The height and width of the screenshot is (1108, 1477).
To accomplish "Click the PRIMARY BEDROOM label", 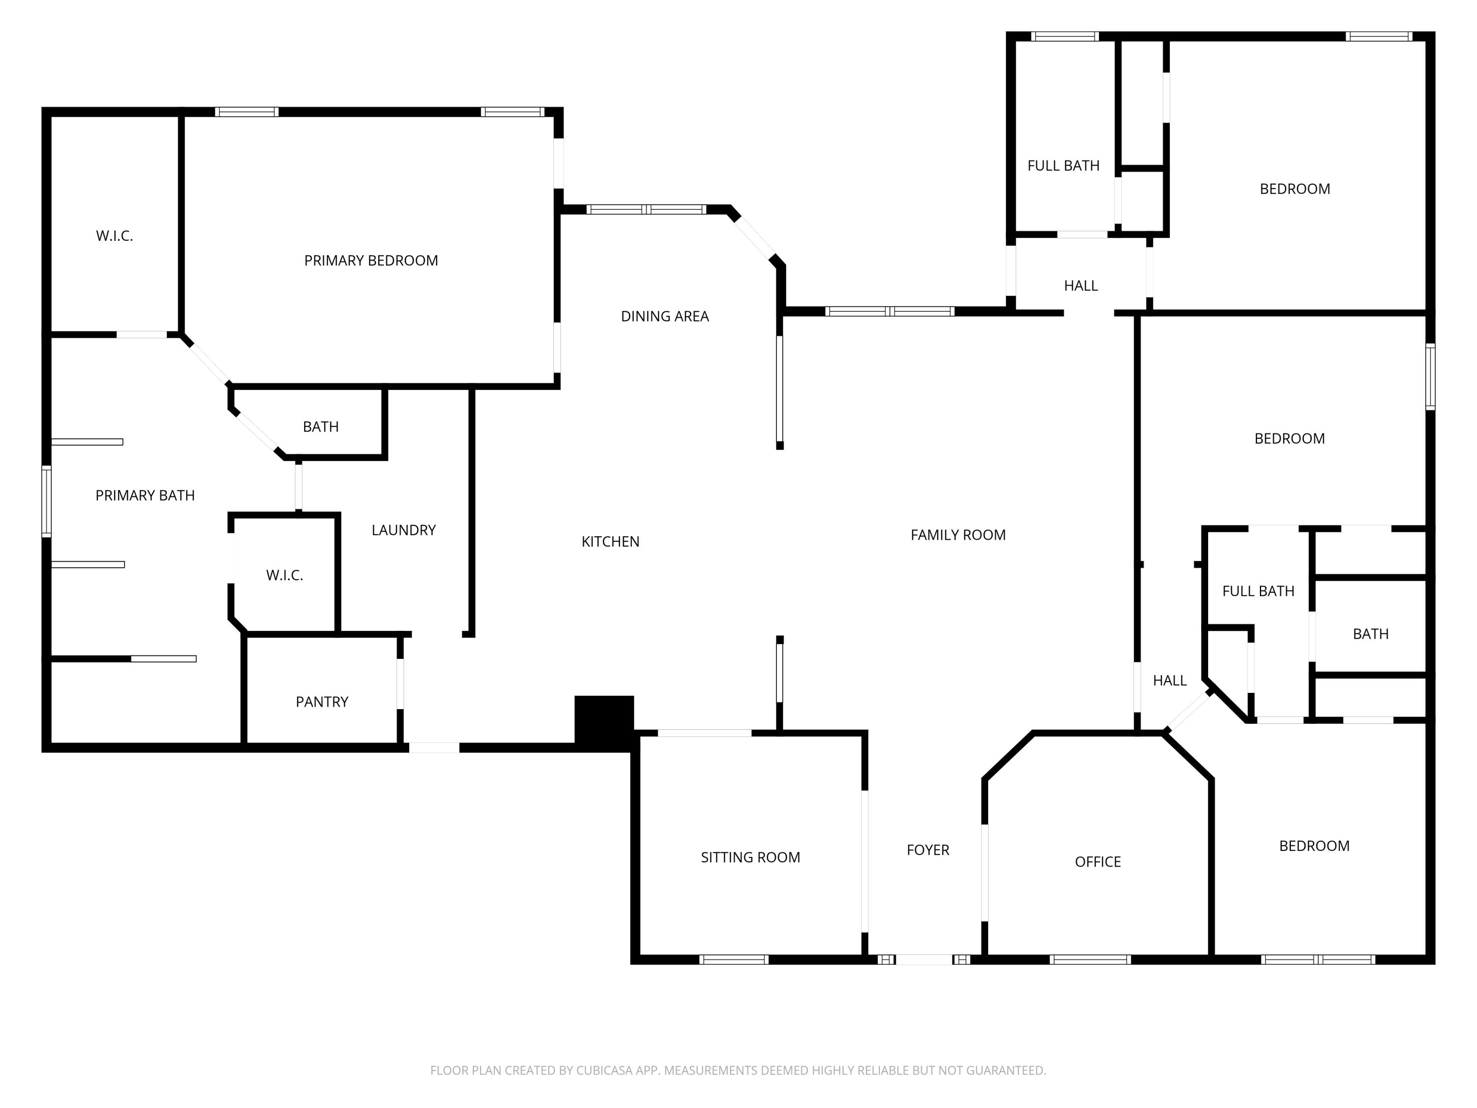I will point(371,261).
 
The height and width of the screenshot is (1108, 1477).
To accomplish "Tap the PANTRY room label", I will point(322,701).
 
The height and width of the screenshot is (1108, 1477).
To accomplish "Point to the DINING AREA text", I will point(664,316).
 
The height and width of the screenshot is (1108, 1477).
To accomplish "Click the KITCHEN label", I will point(610,541).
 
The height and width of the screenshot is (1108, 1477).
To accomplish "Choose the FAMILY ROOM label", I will point(958,534).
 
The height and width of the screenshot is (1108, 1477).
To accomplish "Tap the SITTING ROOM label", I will point(750,857).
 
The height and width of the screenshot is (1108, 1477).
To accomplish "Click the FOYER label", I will point(928,849).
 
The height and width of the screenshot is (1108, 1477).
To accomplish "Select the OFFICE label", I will point(1097,862).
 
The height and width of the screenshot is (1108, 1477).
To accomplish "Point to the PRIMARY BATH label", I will point(145,495).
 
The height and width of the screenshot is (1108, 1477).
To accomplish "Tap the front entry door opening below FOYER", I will point(924,959).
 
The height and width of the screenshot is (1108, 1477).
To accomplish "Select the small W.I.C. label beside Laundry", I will point(285,575).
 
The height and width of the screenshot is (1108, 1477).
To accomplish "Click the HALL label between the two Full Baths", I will point(1080,285).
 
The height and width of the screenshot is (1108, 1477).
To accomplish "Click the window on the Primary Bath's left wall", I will point(47,501).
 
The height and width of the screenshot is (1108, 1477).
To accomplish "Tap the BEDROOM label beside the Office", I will point(1314,846).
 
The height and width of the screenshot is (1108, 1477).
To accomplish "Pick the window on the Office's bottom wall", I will point(1089,959).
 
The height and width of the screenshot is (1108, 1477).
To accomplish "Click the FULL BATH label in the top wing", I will point(1063,165).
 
